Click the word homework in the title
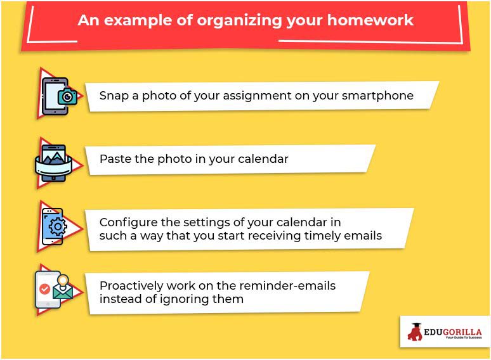(370, 20)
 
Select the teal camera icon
(67, 96)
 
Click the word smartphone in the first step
(377, 96)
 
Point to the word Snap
(114, 96)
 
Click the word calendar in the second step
(263, 159)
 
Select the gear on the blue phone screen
(57, 227)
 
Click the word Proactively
(131, 286)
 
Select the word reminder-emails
(287, 286)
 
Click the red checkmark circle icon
(45, 288)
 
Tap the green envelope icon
(63, 292)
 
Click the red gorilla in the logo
(416, 332)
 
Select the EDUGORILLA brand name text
(453, 332)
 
